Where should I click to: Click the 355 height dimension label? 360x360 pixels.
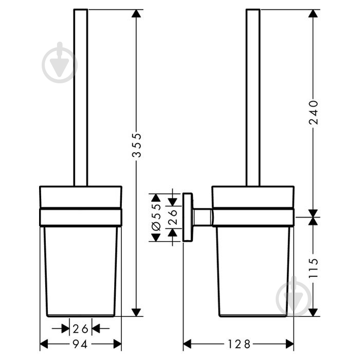pos(137,145)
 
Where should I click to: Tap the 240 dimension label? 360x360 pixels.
pos(313,112)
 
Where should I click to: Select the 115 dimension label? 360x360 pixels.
pos(313,268)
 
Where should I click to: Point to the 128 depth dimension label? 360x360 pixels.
pos(239,344)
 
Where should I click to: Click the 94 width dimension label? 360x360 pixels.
pos(80,344)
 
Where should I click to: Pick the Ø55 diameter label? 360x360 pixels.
pos(156,217)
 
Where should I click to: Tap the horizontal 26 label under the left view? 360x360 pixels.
pos(80,329)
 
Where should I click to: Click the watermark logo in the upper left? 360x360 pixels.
pos(60,62)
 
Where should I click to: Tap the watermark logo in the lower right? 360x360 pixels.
pos(294,296)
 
